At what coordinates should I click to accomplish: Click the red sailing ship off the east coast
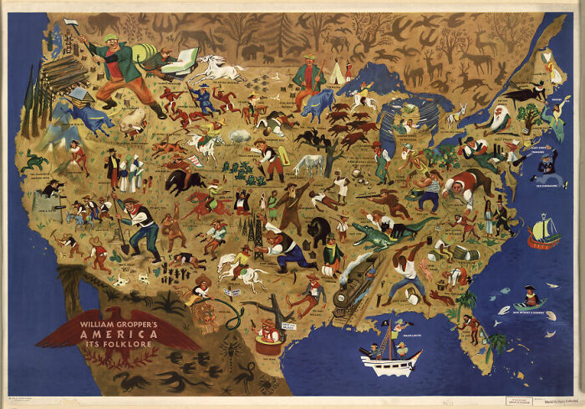point(543,233)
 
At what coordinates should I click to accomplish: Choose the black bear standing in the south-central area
point(319,231)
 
